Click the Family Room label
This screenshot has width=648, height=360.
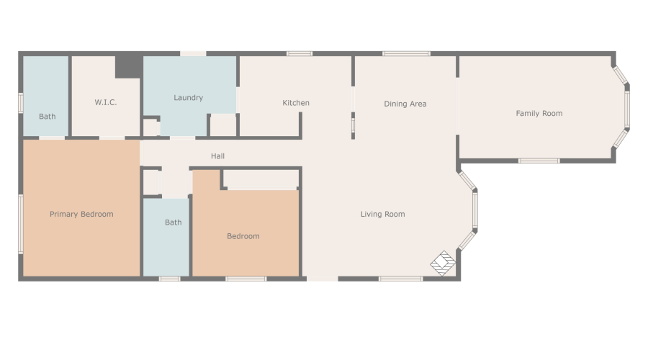pos(539,113)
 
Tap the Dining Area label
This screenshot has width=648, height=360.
pos(405,104)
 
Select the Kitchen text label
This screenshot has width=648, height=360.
pos(295,103)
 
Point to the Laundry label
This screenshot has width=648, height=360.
pos(188,97)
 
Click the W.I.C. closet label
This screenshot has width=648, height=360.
pos(105,102)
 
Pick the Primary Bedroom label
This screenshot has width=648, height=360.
pos(81,214)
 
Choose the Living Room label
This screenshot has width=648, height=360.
pos(382,214)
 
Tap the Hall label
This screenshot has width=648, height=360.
pos(217,156)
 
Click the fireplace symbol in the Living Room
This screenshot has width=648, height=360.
pos(443,263)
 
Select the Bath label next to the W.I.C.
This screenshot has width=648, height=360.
pos(47,116)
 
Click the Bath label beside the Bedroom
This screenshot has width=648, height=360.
pos(173,222)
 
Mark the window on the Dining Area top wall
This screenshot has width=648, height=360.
pos(406,53)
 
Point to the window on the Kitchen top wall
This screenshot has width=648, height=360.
pos(299,53)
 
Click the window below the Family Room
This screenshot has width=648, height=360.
pos(539,161)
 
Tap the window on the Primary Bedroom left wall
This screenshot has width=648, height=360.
pos(21,223)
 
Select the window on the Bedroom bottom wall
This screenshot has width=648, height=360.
pos(246,279)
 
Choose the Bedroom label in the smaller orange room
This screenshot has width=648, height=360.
pos(243,236)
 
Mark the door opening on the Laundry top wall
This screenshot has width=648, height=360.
pos(192,53)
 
